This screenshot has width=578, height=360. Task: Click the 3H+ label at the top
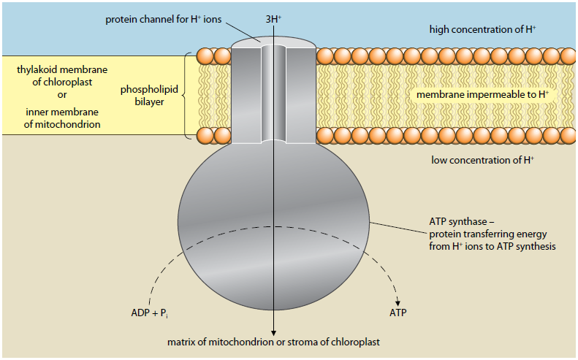point(273,17)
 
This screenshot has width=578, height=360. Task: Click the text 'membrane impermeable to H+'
point(482,95)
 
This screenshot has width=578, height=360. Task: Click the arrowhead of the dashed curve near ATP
point(398,299)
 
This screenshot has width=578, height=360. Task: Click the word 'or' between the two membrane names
point(62,93)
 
